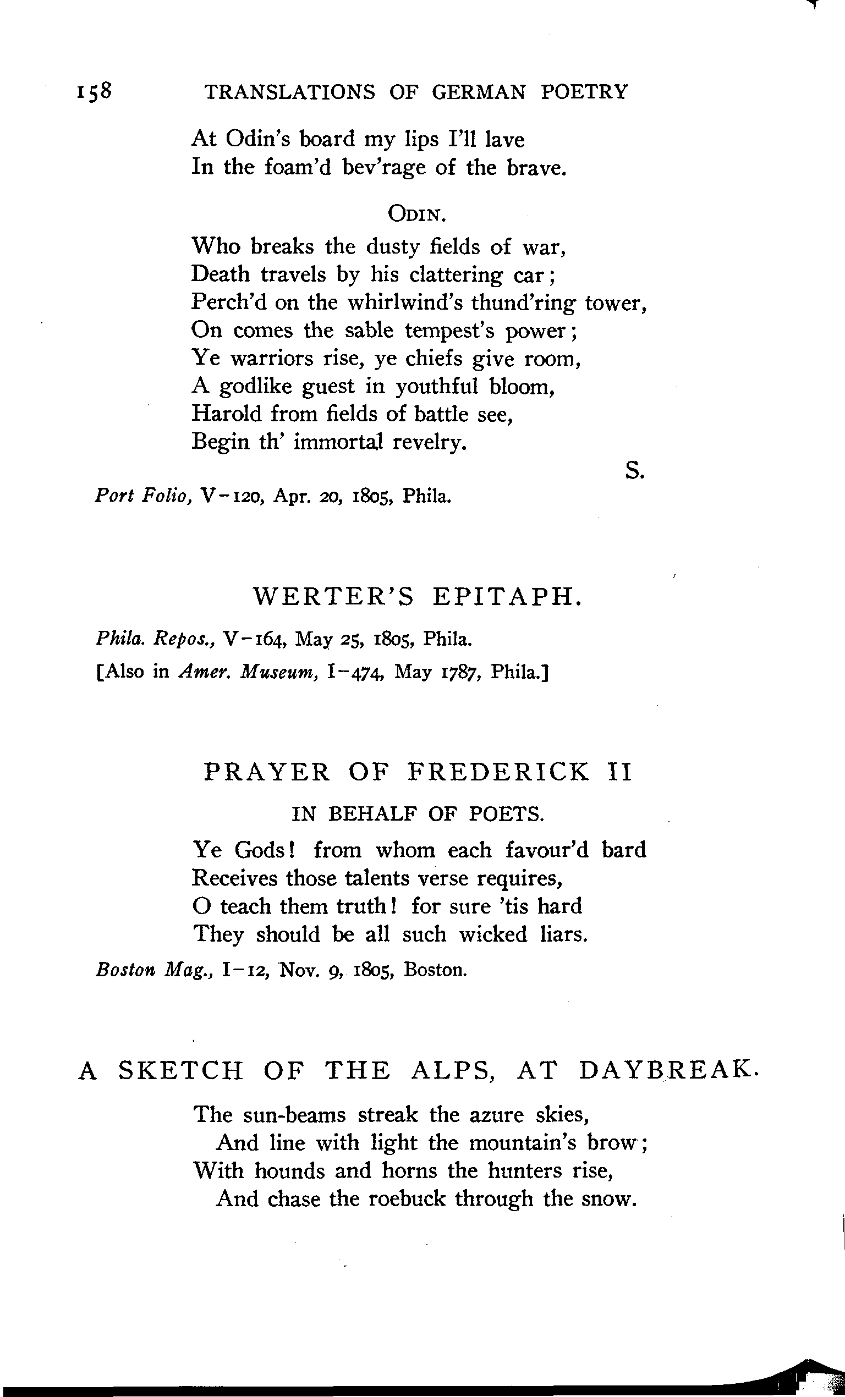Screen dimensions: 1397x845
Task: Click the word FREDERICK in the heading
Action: point(498,772)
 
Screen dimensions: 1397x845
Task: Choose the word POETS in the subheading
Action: point(506,814)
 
